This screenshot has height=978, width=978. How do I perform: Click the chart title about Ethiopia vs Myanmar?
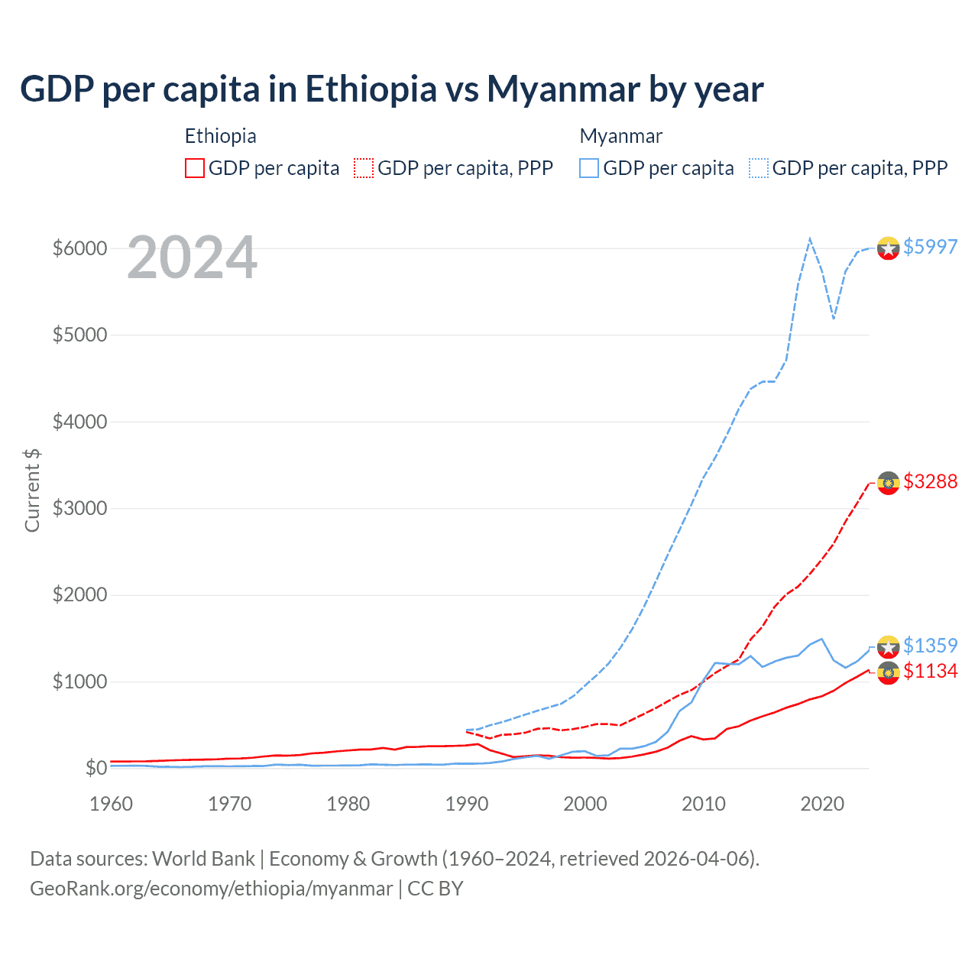pyautogui.click(x=391, y=89)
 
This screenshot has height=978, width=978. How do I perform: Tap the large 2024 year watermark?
pyautogui.click(x=192, y=257)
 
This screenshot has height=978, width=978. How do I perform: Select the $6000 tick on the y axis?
pyautogui.click(x=79, y=248)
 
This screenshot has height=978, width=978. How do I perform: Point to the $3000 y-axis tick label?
pyautogui.click(x=79, y=508)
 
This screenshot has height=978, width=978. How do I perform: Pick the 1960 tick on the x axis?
pyautogui.click(x=112, y=804)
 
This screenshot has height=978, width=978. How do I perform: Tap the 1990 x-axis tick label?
pyautogui.click(x=467, y=804)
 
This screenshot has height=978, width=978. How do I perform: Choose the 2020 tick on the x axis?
pyautogui.click(x=822, y=804)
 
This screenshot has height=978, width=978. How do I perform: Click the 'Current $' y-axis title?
pyautogui.click(x=32, y=491)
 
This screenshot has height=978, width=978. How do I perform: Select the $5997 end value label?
pyautogui.click(x=930, y=247)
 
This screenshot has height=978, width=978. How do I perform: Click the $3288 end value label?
pyautogui.click(x=930, y=481)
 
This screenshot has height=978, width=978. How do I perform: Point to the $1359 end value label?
pyautogui.click(x=930, y=646)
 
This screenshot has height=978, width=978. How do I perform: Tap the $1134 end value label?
pyautogui.click(x=930, y=671)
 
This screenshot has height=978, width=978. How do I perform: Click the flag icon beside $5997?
pyautogui.click(x=888, y=248)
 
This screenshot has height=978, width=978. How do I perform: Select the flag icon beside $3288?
pyautogui.click(x=888, y=483)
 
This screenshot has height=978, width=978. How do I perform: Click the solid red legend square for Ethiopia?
pyautogui.click(x=195, y=168)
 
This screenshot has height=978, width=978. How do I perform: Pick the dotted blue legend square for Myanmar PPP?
pyautogui.click(x=759, y=168)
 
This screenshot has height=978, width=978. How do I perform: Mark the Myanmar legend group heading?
pyautogui.click(x=620, y=136)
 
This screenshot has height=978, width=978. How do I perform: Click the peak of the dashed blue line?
pyautogui.click(x=810, y=238)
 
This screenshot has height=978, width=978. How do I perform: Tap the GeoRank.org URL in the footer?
pyautogui.click(x=211, y=889)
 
